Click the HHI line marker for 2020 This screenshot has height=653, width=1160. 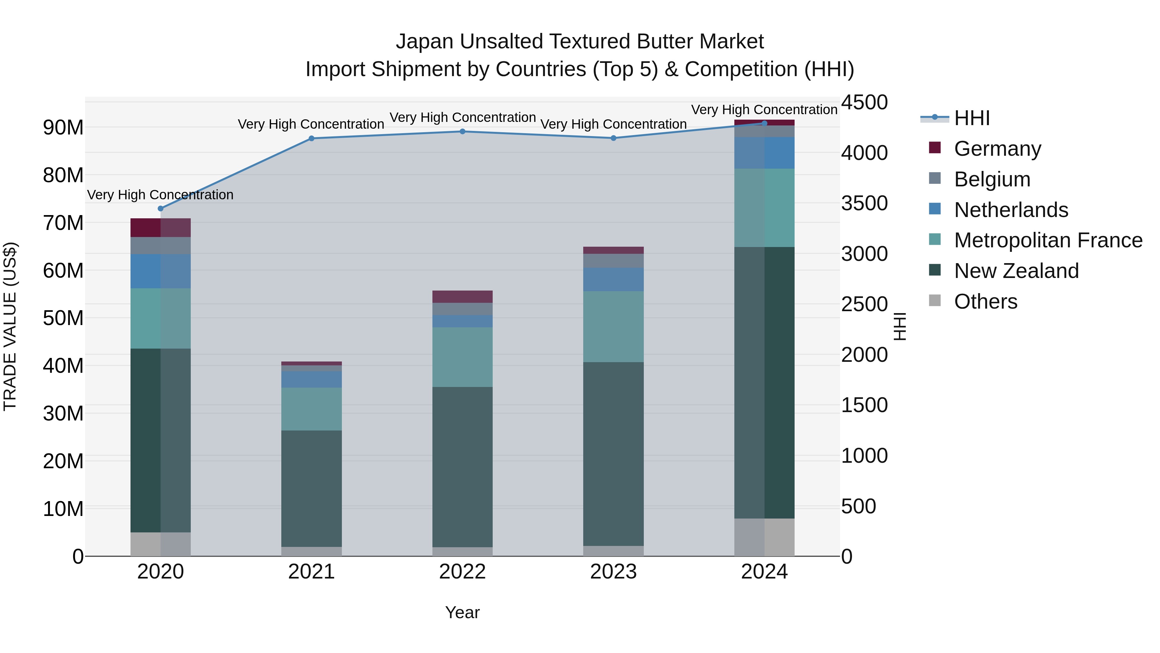pos(160,209)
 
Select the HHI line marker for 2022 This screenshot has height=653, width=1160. pos(462,132)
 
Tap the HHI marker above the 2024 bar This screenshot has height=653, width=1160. pos(764,123)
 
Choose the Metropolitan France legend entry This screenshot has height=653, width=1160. pos(1048,240)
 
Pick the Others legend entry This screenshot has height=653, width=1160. pos(985,302)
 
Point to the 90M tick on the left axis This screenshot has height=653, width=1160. pos(63,127)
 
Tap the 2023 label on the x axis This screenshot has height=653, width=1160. pos(613,572)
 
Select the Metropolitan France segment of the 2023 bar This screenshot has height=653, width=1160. pos(613,326)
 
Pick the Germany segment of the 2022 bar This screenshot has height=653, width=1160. pos(462,297)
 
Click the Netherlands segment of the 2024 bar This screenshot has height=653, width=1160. pos(764,153)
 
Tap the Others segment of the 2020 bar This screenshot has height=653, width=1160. pos(160,544)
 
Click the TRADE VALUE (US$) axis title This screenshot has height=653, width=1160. pos(10,326)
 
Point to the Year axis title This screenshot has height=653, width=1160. pos(462,612)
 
